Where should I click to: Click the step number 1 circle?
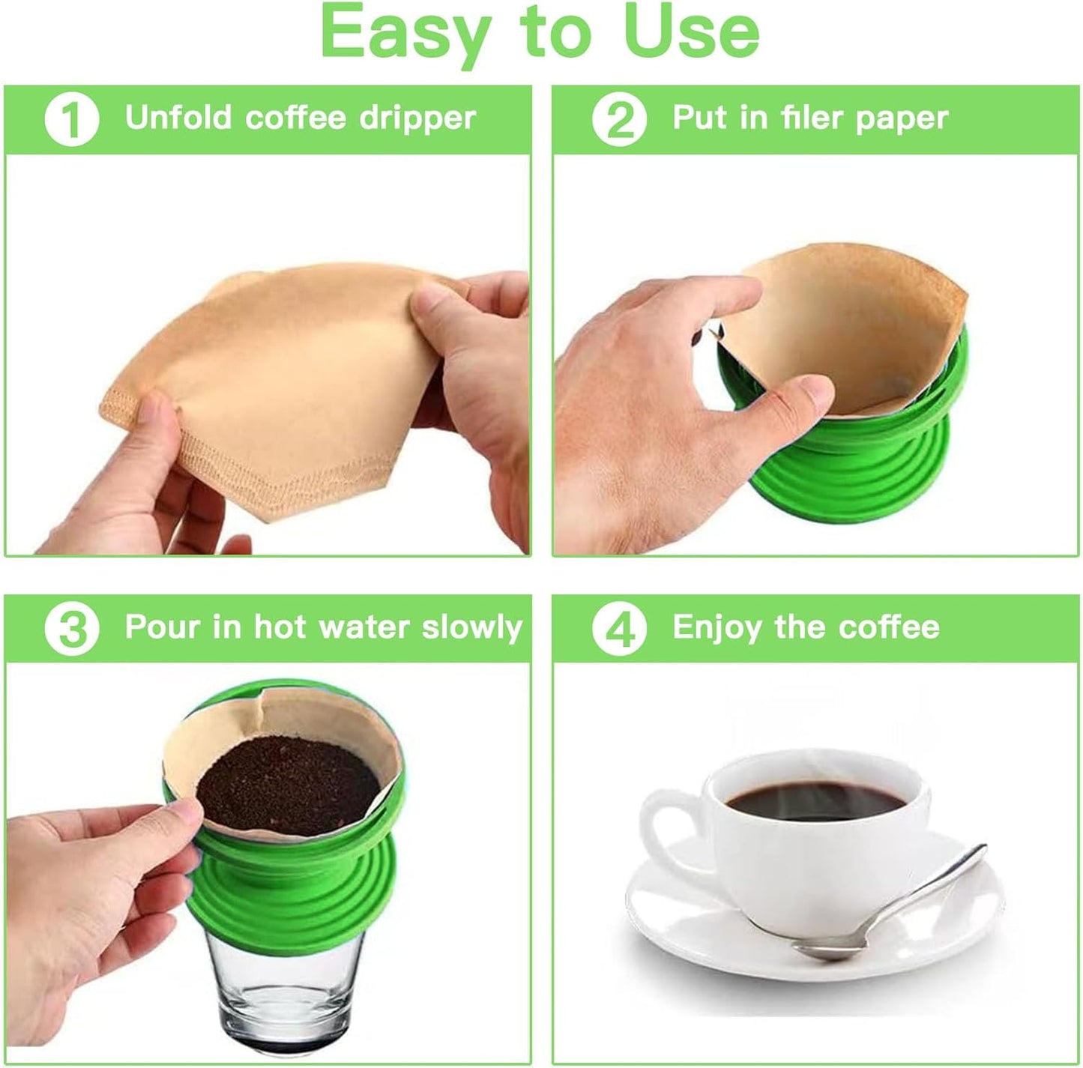(72, 119)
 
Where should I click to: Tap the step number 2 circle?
(619, 119)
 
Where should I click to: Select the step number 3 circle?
(72, 629)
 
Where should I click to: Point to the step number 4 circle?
(619, 629)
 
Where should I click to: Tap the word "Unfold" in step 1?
(178, 118)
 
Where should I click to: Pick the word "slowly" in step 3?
(471, 628)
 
